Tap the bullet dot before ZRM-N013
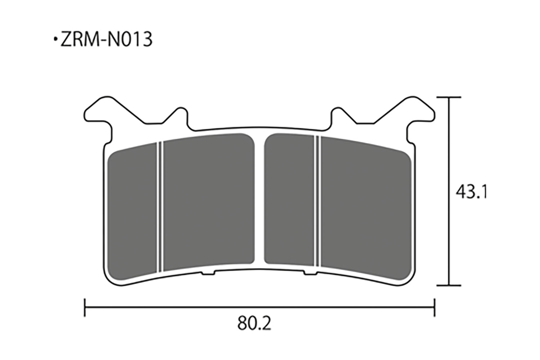click(x=55, y=39)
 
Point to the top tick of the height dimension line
click(x=449, y=97)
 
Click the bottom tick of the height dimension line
click(x=449, y=285)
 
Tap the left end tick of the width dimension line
click(x=85, y=307)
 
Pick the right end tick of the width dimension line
click(x=435, y=307)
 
